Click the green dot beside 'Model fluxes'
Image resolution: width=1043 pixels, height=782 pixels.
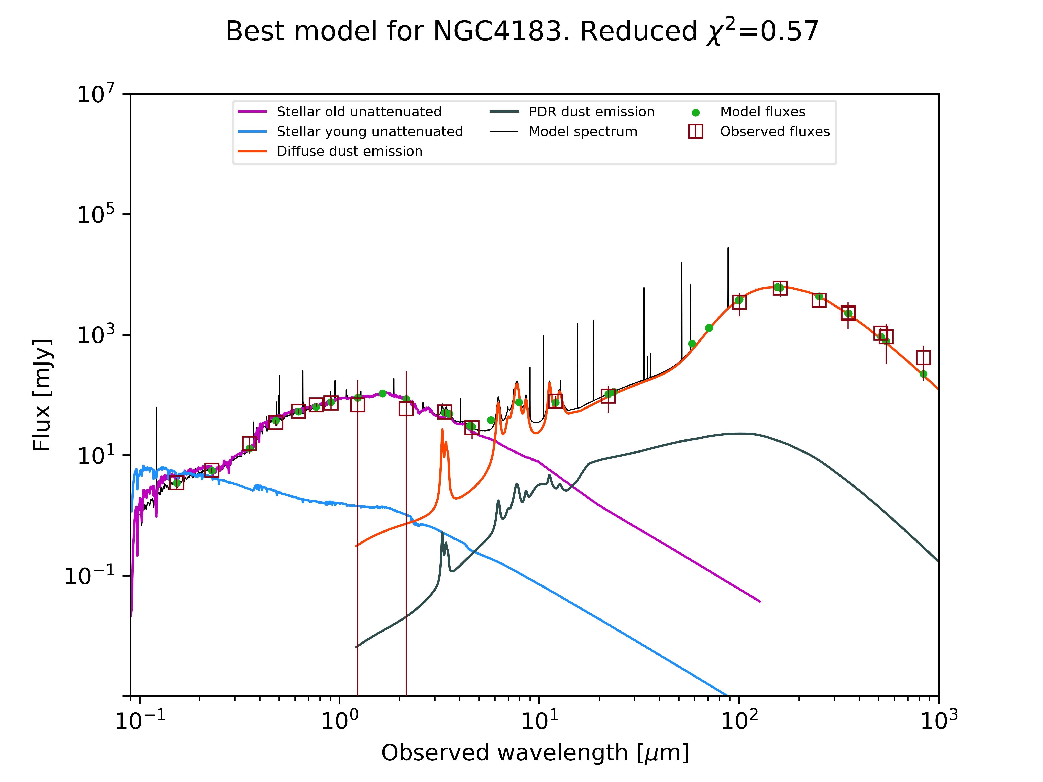pos(695,113)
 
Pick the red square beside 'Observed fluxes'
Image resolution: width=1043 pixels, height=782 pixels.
pos(695,132)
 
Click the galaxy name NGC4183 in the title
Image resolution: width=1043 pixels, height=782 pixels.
pos(497,32)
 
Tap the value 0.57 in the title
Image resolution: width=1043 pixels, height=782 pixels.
pos(790,32)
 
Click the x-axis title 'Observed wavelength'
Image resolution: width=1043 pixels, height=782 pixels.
pos(505,753)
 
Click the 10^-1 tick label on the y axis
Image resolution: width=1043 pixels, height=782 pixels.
pos(90,576)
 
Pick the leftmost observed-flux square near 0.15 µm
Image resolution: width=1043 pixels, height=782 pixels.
pos(176,482)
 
